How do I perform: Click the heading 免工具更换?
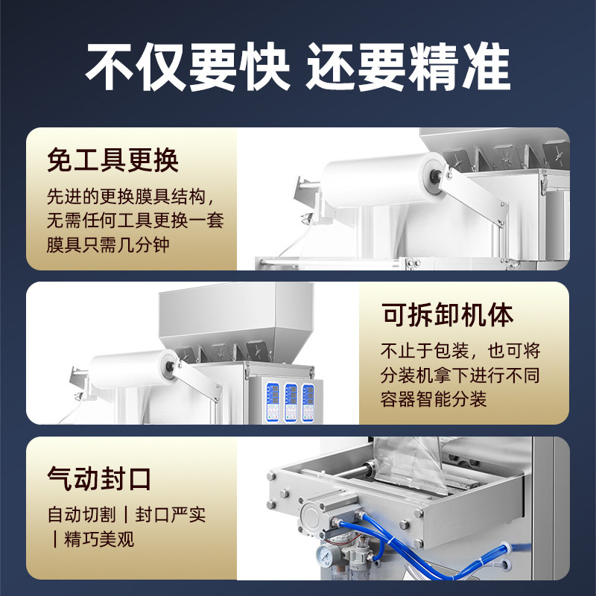[112, 159]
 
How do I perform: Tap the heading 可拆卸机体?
[447, 314]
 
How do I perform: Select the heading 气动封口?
[99, 478]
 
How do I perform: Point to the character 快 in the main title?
[262, 69]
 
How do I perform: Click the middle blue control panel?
[290, 403]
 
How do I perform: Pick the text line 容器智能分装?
[434, 399]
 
